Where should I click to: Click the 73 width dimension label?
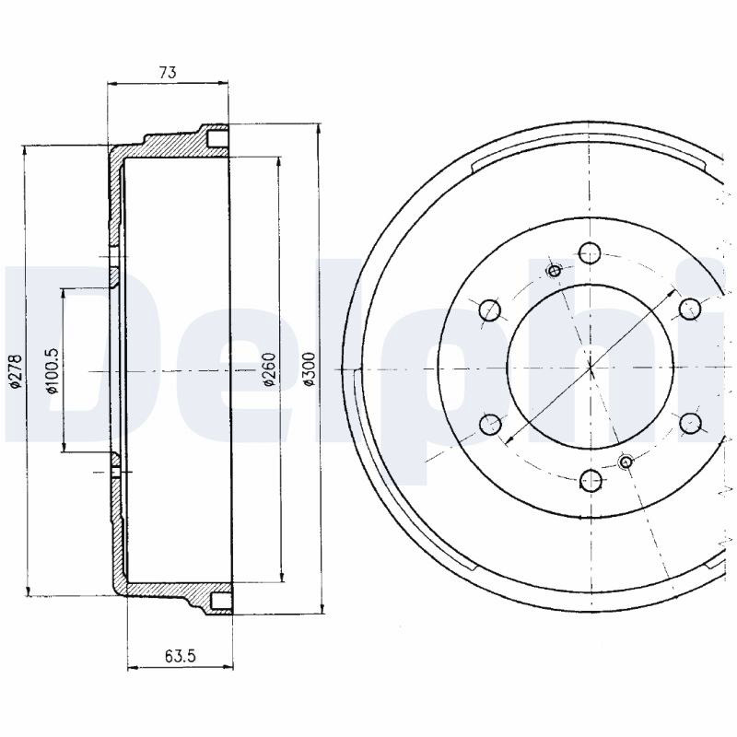[x=168, y=73]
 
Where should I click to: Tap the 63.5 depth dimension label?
[x=181, y=655]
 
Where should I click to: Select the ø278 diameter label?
[x=16, y=371]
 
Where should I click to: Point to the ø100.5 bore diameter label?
[x=52, y=371]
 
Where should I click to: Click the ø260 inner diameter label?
[x=269, y=369]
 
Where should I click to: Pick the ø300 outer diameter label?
[x=310, y=369]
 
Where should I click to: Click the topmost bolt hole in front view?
[x=590, y=252]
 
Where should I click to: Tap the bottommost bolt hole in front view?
[x=591, y=479]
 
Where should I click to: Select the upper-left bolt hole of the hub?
[x=490, y=310]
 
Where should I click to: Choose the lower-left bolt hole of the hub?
[x=490, y=424]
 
